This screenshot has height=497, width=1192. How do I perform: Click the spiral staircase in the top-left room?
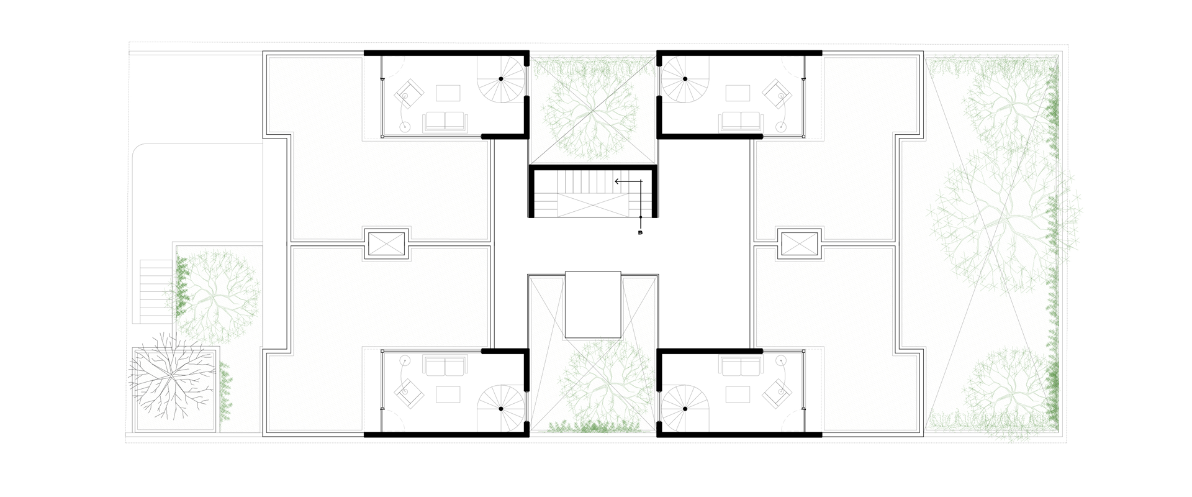coord(501,79)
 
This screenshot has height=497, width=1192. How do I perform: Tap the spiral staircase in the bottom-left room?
coord(501,409)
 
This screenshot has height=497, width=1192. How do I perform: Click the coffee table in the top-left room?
coord(448,93)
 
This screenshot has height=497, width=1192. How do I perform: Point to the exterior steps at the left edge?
coord(156,291)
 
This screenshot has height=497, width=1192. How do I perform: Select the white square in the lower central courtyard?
coord(593,304)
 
